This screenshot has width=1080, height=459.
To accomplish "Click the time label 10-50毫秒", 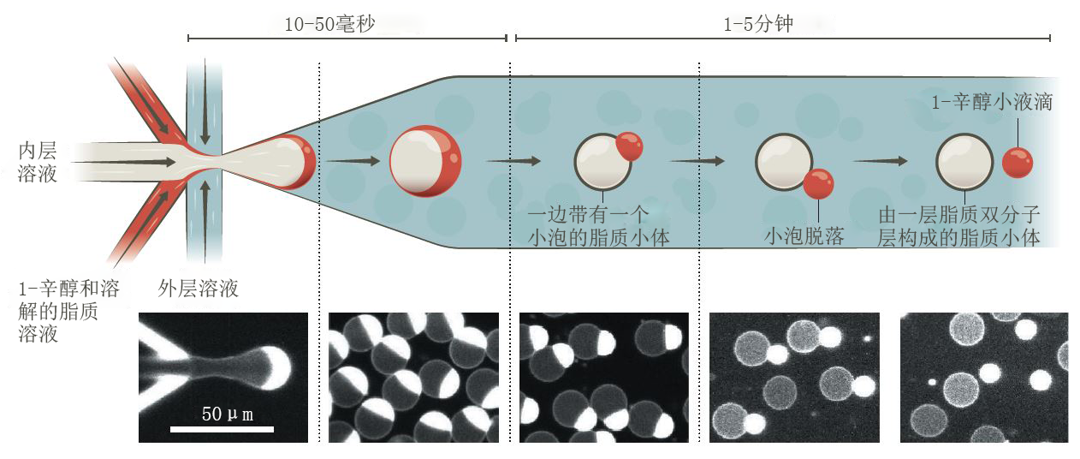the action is [x=329, y=24].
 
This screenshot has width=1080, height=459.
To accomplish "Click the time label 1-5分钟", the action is [x=758, y=24].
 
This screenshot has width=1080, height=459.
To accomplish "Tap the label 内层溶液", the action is [x=38, y=162].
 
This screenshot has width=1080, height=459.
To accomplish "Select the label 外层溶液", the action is [x=199, y=289].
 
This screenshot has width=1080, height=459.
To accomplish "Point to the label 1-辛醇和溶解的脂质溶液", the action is [x=68, y=312].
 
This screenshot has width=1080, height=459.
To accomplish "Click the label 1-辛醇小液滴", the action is [x=992, y=102].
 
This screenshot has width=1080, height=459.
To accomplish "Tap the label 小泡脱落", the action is [x=804, y=236].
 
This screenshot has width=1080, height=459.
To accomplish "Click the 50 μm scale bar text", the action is [x=227, y=414].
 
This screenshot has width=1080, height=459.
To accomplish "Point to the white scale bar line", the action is [x=222, y=429].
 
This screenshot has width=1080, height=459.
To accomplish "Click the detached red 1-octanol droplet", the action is [x=1018, y=163].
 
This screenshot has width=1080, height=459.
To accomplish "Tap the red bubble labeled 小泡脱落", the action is [x=818, y=184].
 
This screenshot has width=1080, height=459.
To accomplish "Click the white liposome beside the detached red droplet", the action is [x=964, y=162].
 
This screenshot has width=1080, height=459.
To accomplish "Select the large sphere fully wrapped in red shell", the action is [x=425, y=161].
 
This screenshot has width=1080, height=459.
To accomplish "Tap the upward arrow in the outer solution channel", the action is [x=205, y=222].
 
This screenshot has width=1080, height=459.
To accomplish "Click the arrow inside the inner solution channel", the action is [x=124, y=162].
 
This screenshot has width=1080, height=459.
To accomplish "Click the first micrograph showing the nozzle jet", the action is [x=223, y=378].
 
